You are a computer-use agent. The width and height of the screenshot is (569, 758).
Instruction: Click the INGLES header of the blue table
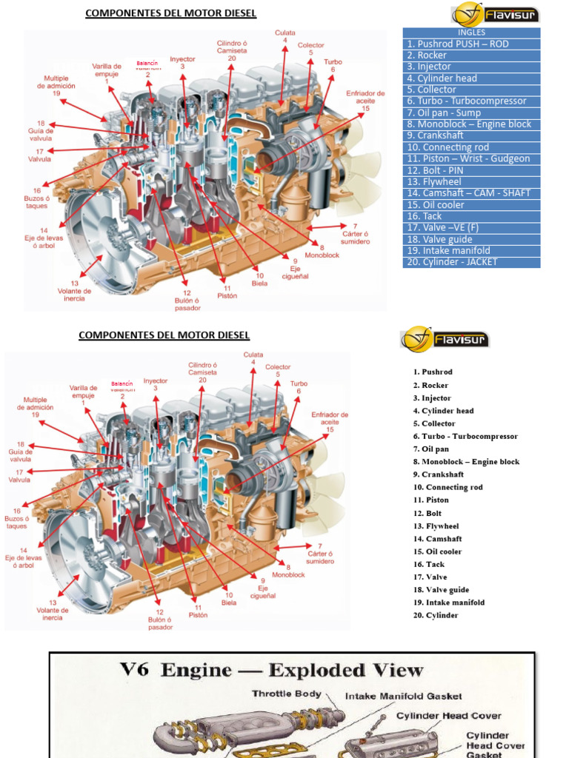(471, 33)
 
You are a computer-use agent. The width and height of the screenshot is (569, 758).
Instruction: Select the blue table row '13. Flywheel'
(471, 181)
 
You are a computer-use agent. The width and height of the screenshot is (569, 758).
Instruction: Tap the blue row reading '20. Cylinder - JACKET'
(471, 261)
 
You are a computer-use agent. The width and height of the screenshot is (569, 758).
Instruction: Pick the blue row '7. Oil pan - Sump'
(471, 113)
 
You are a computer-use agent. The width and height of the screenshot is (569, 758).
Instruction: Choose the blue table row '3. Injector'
(471, 67)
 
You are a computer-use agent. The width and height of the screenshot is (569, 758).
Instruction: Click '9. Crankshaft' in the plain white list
(439, 474)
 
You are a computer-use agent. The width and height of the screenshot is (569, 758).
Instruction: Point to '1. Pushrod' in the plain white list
(433, 372)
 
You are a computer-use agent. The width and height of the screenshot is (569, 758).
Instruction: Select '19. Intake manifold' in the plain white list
(449, 603)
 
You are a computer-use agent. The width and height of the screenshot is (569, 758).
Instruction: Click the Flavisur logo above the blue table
(495, 14)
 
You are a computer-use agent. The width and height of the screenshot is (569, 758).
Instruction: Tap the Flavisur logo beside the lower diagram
(445, 339)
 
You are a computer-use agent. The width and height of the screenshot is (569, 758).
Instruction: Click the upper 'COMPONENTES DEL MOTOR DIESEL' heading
(170, 13)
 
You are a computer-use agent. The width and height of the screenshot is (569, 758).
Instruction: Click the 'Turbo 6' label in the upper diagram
(333, 65)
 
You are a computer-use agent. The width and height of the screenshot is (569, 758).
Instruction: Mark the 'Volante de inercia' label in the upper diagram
(74, 290)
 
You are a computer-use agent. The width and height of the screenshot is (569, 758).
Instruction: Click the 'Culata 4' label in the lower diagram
(253, 358)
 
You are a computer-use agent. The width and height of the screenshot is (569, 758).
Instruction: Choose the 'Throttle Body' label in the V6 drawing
(287, 694)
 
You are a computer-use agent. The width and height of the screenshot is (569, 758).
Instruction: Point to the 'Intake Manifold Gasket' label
(404, 696)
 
